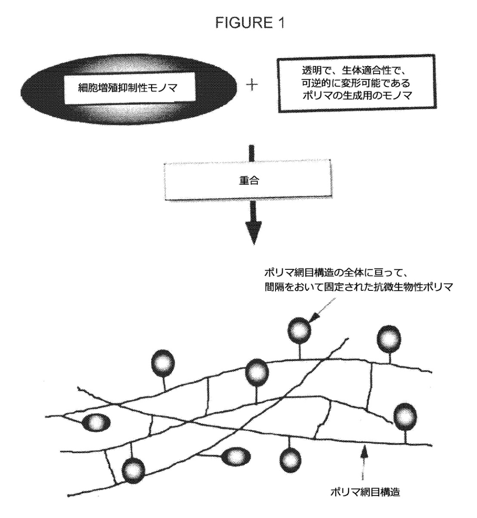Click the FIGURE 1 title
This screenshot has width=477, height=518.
[250, 23]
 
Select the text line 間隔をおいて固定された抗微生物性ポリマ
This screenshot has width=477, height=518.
[359, 287]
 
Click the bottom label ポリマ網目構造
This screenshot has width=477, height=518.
[365, 492]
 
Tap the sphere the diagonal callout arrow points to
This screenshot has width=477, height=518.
[300, 330]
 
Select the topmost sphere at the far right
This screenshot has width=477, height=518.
[389, 339]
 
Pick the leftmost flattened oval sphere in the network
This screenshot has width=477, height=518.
[96, 423]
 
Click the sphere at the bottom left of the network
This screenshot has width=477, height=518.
[133, 472]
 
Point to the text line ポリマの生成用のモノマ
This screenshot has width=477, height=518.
[356, 96]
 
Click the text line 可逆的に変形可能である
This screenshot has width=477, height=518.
[356, 83]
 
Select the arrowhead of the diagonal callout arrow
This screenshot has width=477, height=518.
[314, 318]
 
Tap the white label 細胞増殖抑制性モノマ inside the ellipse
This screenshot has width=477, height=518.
[130, 88]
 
